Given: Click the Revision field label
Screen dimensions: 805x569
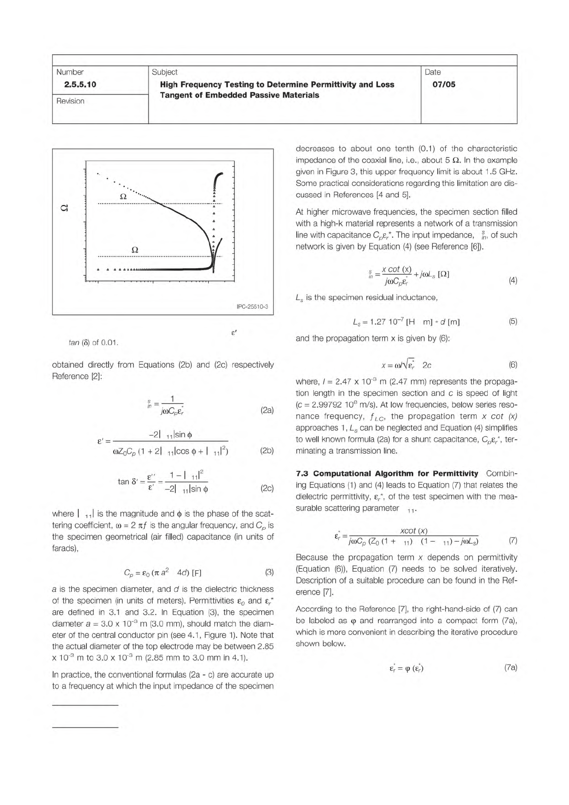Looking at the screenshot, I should [70, 101].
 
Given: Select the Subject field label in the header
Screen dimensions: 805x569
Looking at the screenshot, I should [164, 72].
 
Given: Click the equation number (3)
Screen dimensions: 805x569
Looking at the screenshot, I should [269, 572].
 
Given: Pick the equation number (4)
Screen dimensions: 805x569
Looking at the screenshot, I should [513, 281].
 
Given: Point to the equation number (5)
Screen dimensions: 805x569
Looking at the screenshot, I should [513, 321].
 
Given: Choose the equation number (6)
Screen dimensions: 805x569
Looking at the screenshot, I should [513, 365].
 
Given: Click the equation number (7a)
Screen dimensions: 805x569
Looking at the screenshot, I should [511, 668].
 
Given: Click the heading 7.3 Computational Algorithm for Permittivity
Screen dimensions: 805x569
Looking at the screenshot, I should [387, 474].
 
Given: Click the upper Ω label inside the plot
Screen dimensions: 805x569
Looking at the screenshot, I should [123, 196].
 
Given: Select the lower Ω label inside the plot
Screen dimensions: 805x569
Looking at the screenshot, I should [135, 249].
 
